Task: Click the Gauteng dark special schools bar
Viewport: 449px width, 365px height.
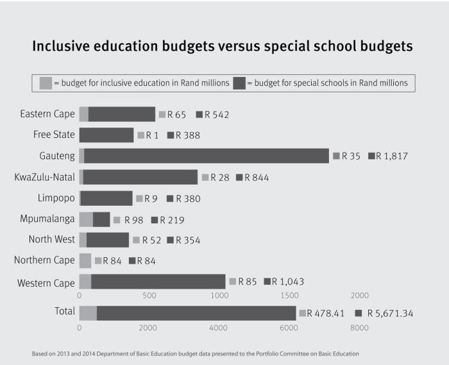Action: [205, 156]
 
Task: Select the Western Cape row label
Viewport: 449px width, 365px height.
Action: [46, 283]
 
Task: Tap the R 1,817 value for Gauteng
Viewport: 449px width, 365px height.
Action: [392, 156]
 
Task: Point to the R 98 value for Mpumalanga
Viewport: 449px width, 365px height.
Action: [133, 220]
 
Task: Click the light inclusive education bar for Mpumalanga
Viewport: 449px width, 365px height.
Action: [86, 219]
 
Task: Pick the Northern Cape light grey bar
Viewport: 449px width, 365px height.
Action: [85, 260]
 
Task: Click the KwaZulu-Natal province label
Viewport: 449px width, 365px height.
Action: [44, 177]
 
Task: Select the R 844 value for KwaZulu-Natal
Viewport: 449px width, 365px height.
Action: [257, 178]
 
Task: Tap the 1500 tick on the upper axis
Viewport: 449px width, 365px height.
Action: [290, 296]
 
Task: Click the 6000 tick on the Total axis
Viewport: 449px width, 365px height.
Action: [289, 328]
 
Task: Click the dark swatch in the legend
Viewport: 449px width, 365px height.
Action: [239, 83]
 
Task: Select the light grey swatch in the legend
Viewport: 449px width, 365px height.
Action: [46, 83]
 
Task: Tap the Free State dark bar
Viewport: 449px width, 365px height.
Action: [106, 135]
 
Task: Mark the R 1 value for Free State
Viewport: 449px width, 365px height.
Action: [152, 135]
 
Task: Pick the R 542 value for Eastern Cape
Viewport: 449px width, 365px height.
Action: [217, 115]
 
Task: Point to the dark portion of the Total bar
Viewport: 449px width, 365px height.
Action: [196, 313]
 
